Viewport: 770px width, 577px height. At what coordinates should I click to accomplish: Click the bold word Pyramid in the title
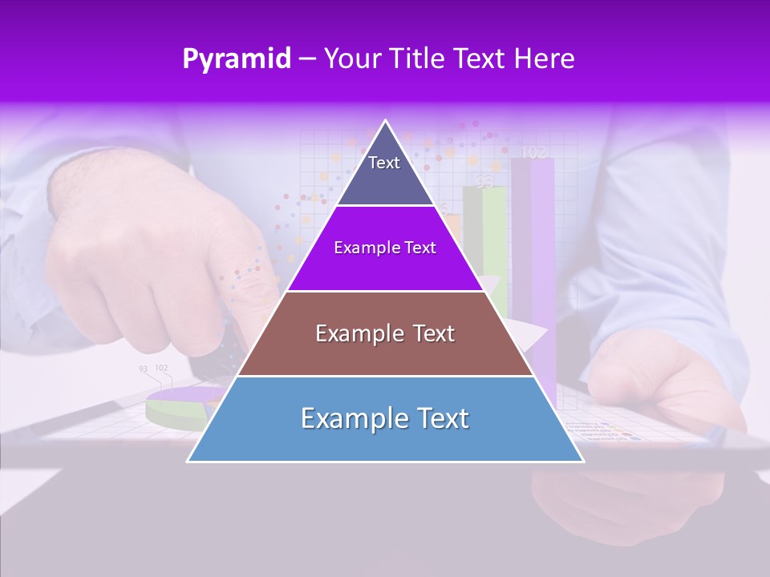click(x=237, y=59)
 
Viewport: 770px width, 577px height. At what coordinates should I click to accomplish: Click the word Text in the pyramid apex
click(x=383, y=163)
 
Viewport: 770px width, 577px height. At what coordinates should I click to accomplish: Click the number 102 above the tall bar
click(x=533, y=151)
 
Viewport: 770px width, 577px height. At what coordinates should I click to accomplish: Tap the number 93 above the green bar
click(x=484, y=182)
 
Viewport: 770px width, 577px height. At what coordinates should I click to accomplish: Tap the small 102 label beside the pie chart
click(x=161, y=368)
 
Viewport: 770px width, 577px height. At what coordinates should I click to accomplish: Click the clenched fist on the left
click(x=144, y=256)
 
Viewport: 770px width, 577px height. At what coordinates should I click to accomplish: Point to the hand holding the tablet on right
click(x=666, y=385)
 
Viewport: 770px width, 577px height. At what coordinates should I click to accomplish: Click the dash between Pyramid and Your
click(x=307, y=59)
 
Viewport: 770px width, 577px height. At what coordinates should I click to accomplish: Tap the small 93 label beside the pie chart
click(x=143, y=369)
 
